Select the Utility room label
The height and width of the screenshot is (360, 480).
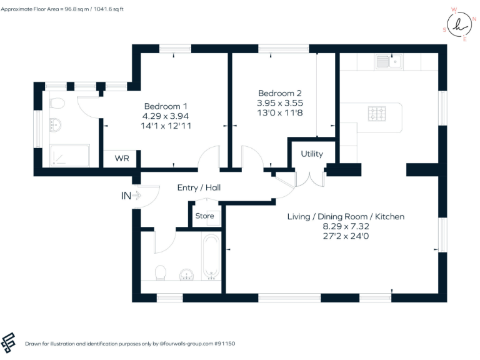(x=312, y=154)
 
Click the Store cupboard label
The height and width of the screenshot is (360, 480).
(x=204, y=216)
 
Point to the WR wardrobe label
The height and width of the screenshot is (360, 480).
(x=122, y=159)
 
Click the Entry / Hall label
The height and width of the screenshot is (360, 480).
(x=199, y=187)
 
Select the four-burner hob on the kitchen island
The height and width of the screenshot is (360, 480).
(x=377, y=114)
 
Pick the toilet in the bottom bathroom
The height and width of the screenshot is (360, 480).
(x=161, y=273)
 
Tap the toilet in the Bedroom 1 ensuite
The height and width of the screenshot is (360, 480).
(x=56, y=103)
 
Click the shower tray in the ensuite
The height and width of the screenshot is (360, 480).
(x=69, y=156)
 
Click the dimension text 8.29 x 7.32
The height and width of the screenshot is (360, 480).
(x=346, y=227)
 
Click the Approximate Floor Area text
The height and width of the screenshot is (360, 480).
(x=62, y=9)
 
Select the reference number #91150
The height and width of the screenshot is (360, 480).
(x=224, y=344)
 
